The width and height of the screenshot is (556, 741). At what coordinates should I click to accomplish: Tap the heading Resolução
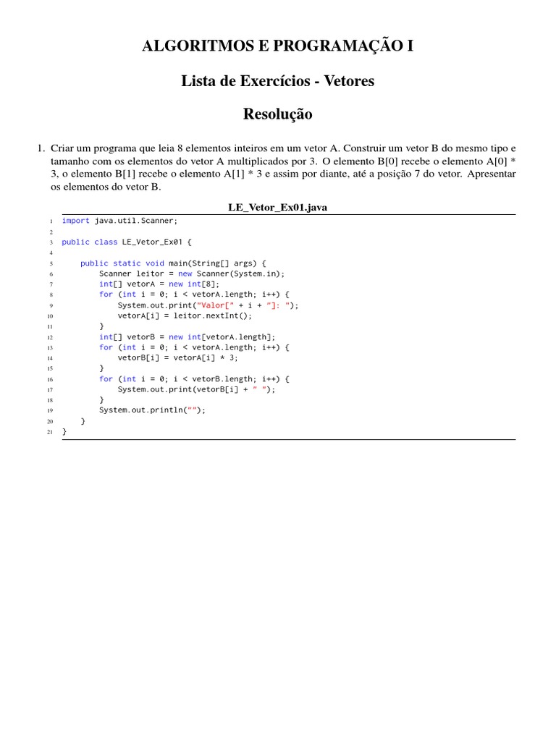click(x=278, y=114)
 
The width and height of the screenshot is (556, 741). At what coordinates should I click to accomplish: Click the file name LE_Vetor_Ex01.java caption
click(x=278, y=208)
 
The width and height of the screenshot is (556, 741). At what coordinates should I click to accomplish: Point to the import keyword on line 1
click(x=76, y=221)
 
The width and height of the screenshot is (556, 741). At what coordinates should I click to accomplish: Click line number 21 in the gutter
click(x=50, y=431)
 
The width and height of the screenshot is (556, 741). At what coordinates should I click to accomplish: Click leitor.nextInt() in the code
click(x=214, y=316)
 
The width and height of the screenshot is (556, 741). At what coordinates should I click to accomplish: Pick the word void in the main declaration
click(x=155, y=263)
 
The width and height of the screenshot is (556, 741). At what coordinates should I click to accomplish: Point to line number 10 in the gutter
click(x=50, y=316)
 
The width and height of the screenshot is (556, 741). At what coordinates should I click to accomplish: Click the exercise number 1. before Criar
click(x=41, y=148)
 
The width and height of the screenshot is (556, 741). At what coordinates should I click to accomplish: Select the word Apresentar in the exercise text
click(x=492, y=174)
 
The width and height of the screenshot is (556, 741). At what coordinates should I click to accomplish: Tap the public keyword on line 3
click(x=76, y=242)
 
